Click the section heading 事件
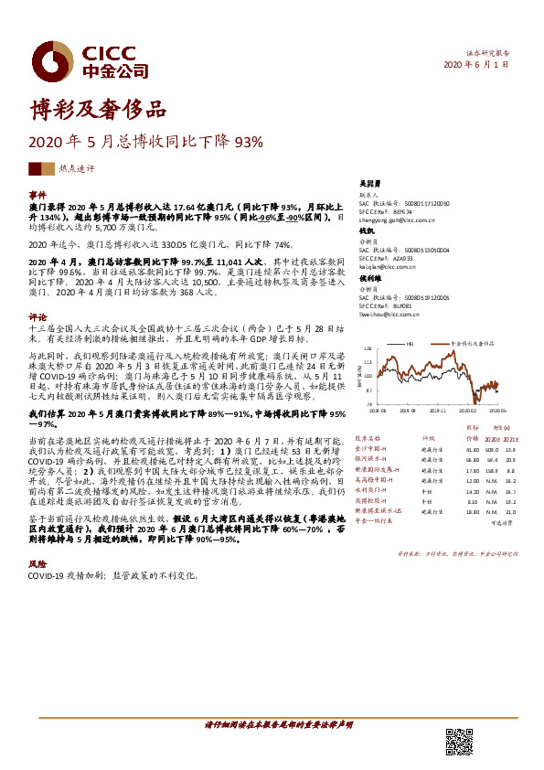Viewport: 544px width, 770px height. (37, 195)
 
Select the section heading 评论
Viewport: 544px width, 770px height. (37, 316)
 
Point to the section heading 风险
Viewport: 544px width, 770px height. (37, 564)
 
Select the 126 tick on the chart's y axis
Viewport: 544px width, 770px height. (368, 348)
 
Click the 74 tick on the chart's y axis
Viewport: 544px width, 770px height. (369, 403)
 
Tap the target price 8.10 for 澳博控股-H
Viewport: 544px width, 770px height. (473, 501)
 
